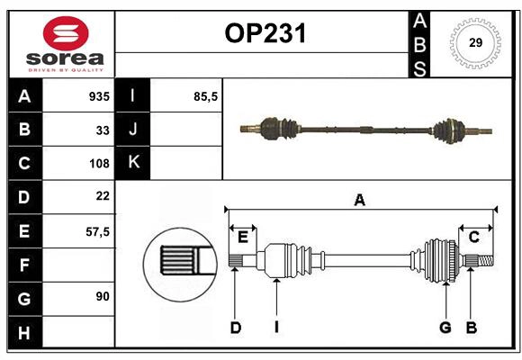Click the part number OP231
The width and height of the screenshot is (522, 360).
coord(265,33)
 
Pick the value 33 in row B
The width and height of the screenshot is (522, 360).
coord(103,130)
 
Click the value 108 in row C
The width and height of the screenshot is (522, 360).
coord(99,163)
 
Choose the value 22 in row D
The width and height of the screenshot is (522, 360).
coord(103,196)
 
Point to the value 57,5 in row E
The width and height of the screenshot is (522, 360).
coord(97,230)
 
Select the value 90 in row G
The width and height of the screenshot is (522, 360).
coord(103,297)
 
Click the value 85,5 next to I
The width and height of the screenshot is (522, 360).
coord(206,96)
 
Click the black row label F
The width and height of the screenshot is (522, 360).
coord(24,264)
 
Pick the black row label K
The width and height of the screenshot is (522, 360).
coord(133,163)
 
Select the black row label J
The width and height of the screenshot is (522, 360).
coord(133,130)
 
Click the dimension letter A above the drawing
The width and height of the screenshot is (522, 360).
coord(360,200)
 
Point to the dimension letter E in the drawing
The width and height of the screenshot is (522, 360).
coord(243,237)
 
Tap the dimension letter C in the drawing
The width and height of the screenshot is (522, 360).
coord(473,237)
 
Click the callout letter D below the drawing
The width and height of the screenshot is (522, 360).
coord(235,328)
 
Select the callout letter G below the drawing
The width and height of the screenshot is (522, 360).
coord(445,328)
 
